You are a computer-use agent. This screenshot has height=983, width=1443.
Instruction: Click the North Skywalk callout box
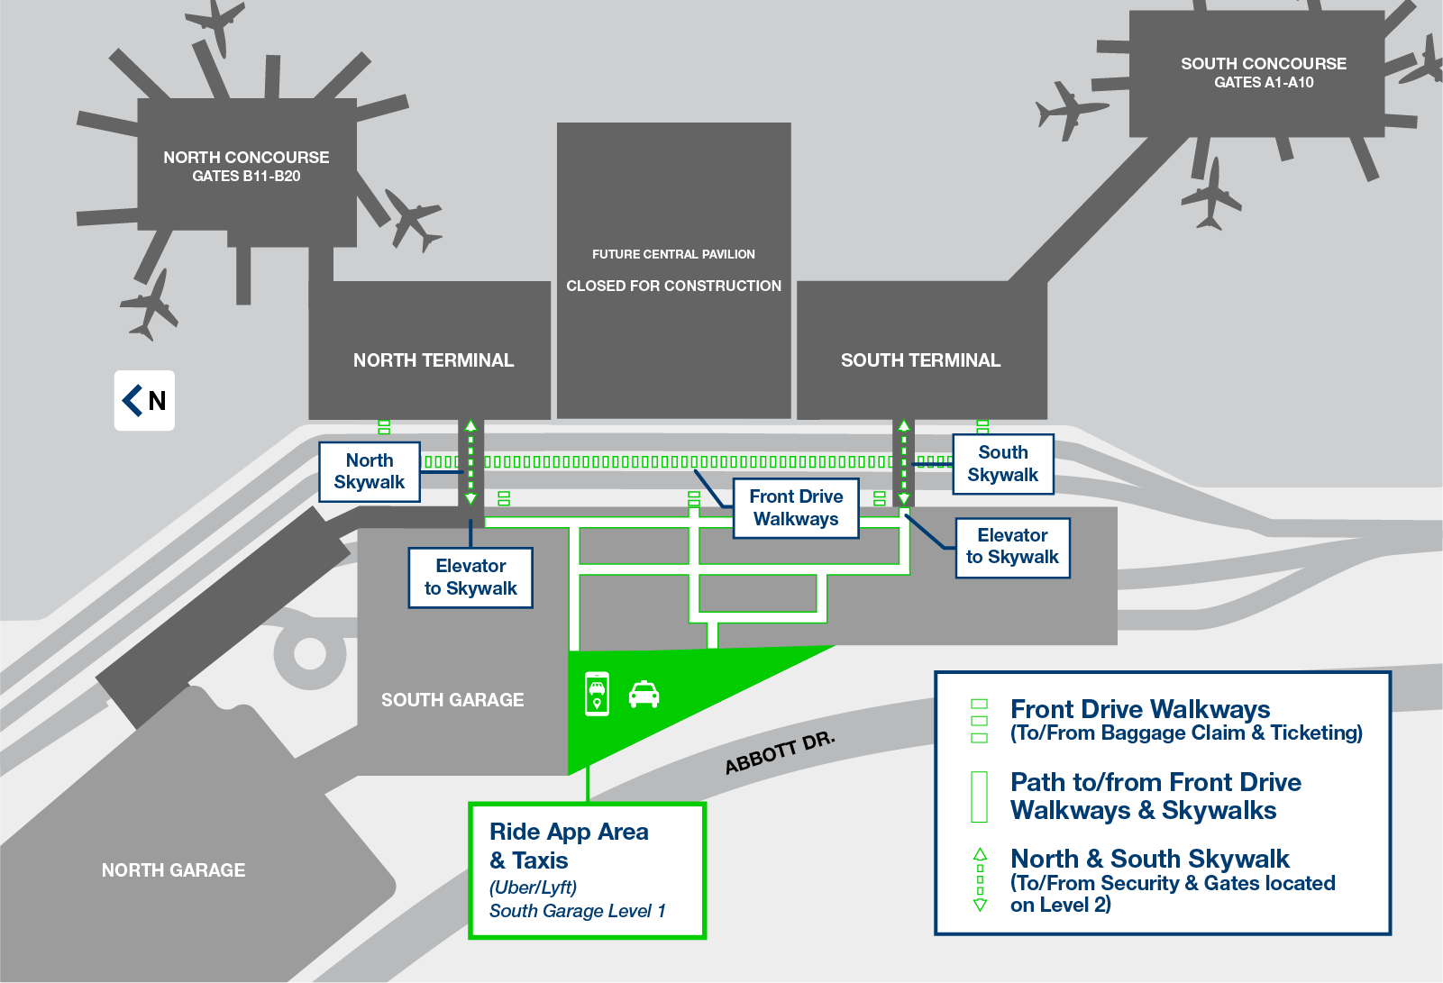tap(370, 471)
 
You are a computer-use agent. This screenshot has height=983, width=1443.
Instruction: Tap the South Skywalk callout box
tap(1002, 464)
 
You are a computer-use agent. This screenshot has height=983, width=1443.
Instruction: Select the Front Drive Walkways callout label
tap(795, 508)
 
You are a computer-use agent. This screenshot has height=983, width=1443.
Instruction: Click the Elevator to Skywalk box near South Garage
tap(470, 578)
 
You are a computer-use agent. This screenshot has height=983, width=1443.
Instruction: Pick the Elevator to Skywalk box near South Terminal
tap(1012, 547)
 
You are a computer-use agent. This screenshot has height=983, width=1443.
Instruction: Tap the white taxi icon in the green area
tap(644, 695)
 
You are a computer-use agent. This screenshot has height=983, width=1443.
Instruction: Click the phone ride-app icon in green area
tap(597, 694)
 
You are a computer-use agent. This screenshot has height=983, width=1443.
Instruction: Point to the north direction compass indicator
tap(144, 400)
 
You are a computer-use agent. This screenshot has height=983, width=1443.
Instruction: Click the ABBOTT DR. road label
tap(780, 753)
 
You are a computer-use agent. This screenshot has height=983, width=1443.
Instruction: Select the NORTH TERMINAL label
tap(433, 360)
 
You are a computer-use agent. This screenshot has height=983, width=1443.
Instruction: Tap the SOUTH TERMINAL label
tap(920, 360)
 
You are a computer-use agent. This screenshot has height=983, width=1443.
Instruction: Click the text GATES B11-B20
tap(246, 177)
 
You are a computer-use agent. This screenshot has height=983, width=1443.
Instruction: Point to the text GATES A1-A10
tap(1264, 83)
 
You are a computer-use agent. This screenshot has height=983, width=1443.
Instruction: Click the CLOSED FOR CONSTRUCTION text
tap(673, 286)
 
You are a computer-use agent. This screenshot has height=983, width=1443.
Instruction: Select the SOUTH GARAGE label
tap(452, 700)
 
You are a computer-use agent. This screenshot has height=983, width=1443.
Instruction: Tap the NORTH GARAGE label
tap(173, 870)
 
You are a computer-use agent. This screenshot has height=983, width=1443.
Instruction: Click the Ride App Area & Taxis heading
tap(568, 845)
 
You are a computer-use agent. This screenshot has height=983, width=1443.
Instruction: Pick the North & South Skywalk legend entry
tap(1149, 859)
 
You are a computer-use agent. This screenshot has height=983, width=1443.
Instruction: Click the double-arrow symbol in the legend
tap(980, 879)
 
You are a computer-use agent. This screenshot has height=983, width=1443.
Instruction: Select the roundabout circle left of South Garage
tap(309, 653)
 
